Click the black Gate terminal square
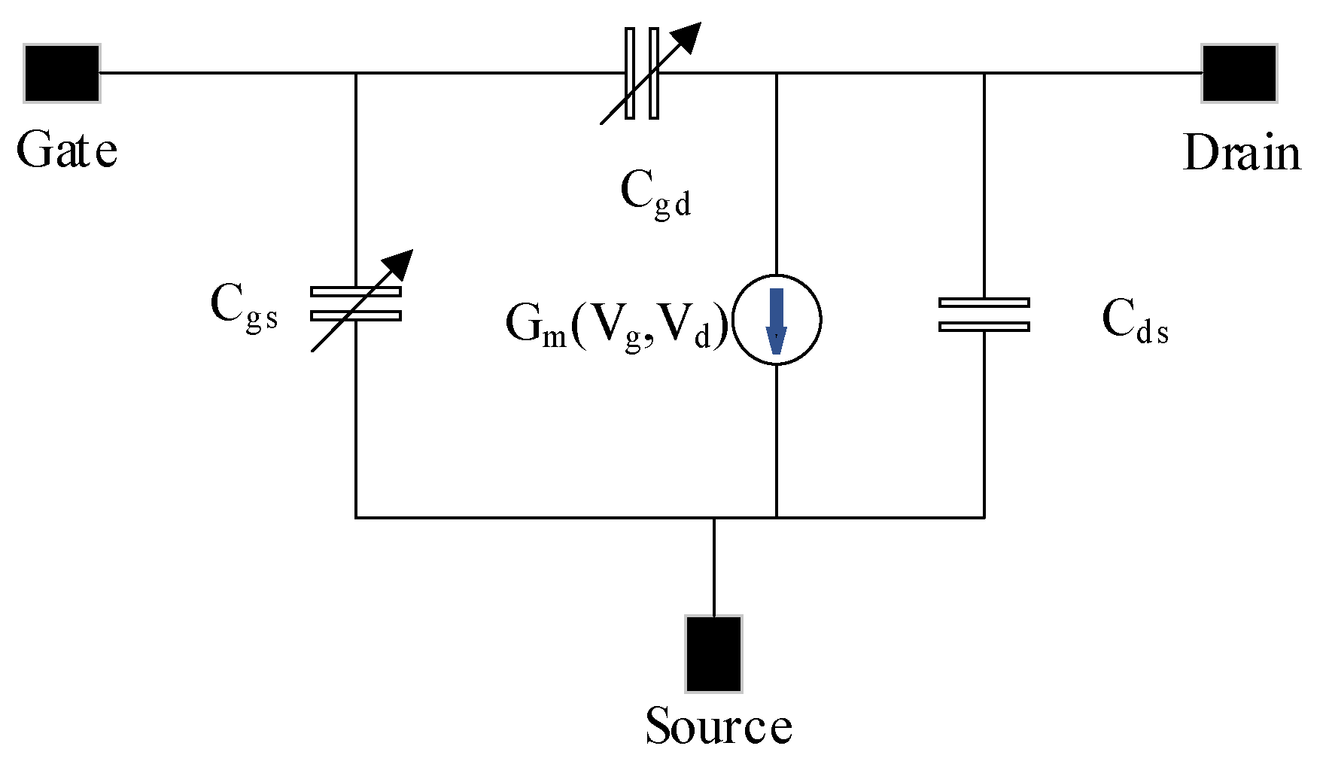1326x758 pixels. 62,73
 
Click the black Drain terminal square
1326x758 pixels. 1239,73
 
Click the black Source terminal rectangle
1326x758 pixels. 713,653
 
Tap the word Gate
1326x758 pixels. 67,151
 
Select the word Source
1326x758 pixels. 719,726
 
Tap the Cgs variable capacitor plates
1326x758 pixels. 355,303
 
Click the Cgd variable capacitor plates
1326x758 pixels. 642,73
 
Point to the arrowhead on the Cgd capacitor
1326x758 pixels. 689,35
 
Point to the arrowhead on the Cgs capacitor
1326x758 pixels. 400,262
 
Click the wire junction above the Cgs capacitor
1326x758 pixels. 355,73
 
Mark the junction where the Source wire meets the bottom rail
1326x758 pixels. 713,517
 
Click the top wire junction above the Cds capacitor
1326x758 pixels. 984,73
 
